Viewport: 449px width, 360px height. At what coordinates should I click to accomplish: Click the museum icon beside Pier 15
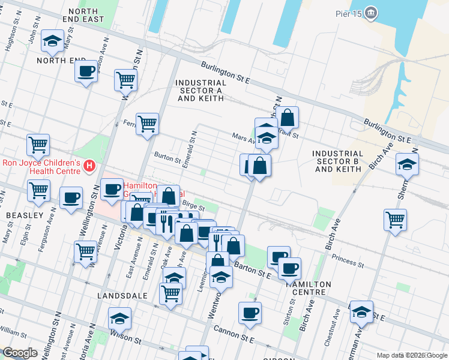[x=372, y=13]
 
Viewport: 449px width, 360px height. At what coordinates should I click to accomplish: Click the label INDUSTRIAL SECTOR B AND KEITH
[x=338, y=161]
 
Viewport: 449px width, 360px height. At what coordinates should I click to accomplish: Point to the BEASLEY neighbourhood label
[x=25, y=215]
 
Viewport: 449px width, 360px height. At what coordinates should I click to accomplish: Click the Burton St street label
[x=167, y=160]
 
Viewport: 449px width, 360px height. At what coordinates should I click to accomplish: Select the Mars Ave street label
[x=244, y=138]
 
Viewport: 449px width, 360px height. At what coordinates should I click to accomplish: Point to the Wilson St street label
[x=128, y=340]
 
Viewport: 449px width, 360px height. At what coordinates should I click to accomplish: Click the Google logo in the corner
[x=20, y=353]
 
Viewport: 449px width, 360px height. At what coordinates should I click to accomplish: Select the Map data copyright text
[x=412, y=355]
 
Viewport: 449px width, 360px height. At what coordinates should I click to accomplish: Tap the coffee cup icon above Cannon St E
[x=250, y=312]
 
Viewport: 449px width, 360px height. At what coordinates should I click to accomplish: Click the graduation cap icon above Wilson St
[x=120, y=318]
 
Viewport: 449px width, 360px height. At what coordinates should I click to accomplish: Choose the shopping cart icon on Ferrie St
[x=147, y=124]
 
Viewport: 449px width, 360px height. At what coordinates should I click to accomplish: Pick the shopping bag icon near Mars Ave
[x=288, y=118]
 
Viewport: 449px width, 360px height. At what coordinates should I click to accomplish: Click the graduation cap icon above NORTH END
[x=52, y=41]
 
